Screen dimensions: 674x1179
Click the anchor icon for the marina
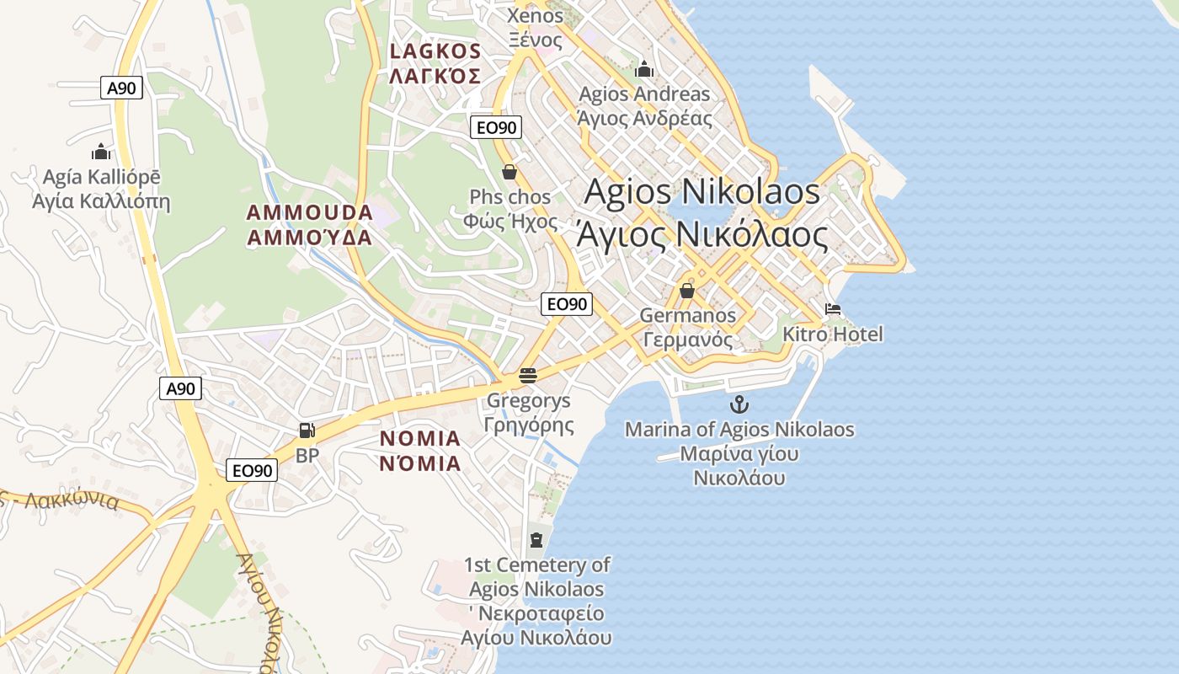(739, 404)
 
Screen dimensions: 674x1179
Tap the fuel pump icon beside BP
(307, 431)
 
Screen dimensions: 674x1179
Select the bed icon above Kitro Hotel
(833, 309)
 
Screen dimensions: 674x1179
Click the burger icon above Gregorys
(528, 376)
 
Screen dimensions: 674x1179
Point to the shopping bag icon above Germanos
(687, 291)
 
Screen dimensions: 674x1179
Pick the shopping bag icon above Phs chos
(509, 173)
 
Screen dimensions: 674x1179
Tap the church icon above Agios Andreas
(644, 68)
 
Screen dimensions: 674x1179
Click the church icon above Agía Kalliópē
(101, 152)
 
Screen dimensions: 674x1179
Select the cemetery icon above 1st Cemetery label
(536, 539)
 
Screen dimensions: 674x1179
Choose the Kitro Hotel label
(833, 334)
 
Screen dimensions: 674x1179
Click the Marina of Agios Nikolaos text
(739, 430)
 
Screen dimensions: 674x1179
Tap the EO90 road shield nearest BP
(252, 470)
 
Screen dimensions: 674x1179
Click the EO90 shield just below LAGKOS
(496, 127)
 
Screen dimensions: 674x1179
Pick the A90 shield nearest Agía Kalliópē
(122, 88)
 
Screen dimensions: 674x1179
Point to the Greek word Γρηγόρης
(529, 425)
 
